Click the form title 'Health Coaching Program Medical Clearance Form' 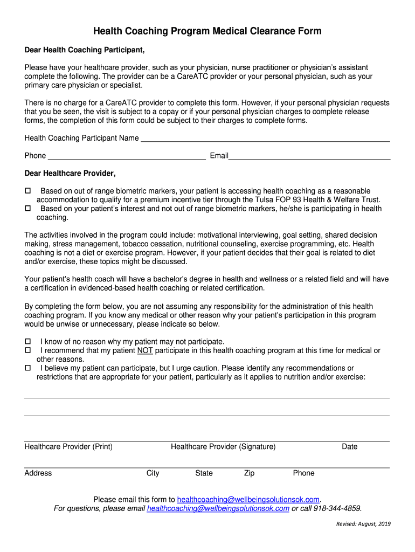click(x=207, y=31)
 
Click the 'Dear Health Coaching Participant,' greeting click(x=85, y=50)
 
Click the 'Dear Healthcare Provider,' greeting click(x=70, y=174)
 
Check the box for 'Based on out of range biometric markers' click(x=28, y=191)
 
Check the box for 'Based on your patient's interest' click(x=28, y=209)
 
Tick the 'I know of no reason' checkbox click(x=28, y=342)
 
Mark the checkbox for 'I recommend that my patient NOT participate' click(x=28, y=350)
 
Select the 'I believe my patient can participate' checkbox click(x=28, y=368)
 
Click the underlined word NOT click(x=146, y=350)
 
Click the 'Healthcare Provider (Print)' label click(x=68, y=446)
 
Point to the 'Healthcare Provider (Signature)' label click(x=223, y=446)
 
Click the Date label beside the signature click(x=349, y=446)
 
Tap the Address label click(x=38, y=473)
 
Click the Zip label click(x=249, y=473)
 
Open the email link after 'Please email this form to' click(x=248, y=499)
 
